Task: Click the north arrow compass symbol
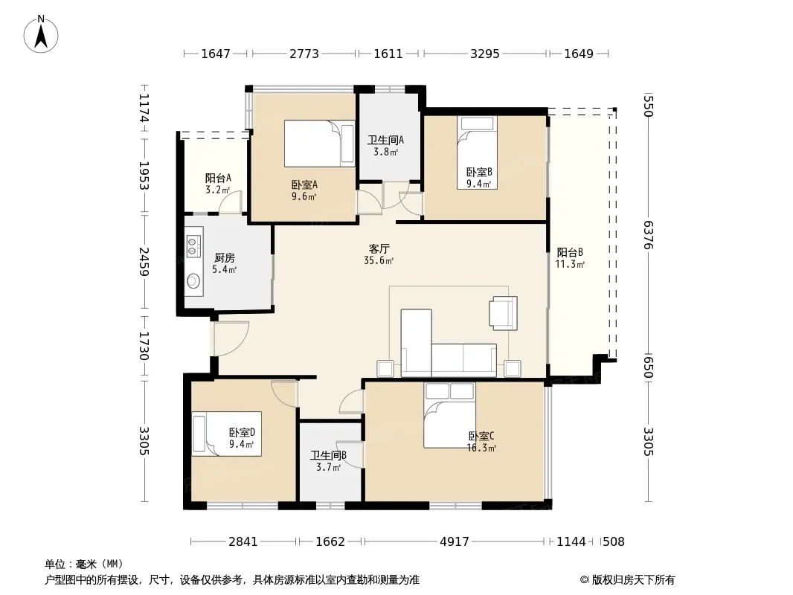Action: pyautogui.click(x=41, y=34)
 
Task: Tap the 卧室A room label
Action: pyautogui.click(x=304, y=184)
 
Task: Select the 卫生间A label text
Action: pyautogui.click(x=385, y=140)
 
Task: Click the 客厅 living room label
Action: pyautogui.click(x=379, y=248)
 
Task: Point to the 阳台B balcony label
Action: pyautogui.click(x=570, y=252)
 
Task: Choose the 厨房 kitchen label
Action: pyautogui.click(x=225, y=258)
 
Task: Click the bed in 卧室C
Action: pyautogui.click(x=449, y=414)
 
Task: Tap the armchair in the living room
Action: pyautogui.click(x=503, y=313)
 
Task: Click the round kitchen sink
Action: pyautogui.click(x=193, y=280)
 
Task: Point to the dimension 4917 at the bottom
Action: pyautogui.click(x=455, y=542)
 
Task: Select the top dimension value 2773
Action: pyautogui.click(x=304, y=54)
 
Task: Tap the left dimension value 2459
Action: pyautogui.click(x=144, y=261)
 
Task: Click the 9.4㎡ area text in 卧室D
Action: pyautogui.click(x=241, y=444)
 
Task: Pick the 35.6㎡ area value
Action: pyautogui.click(x=379, y=261)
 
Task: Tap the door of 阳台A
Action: pyautogui.click(x=230, y=202)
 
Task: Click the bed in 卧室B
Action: pyautogui.click(x=477, y=152)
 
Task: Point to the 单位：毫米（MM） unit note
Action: pyautogui.click(x=84, y=565)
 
